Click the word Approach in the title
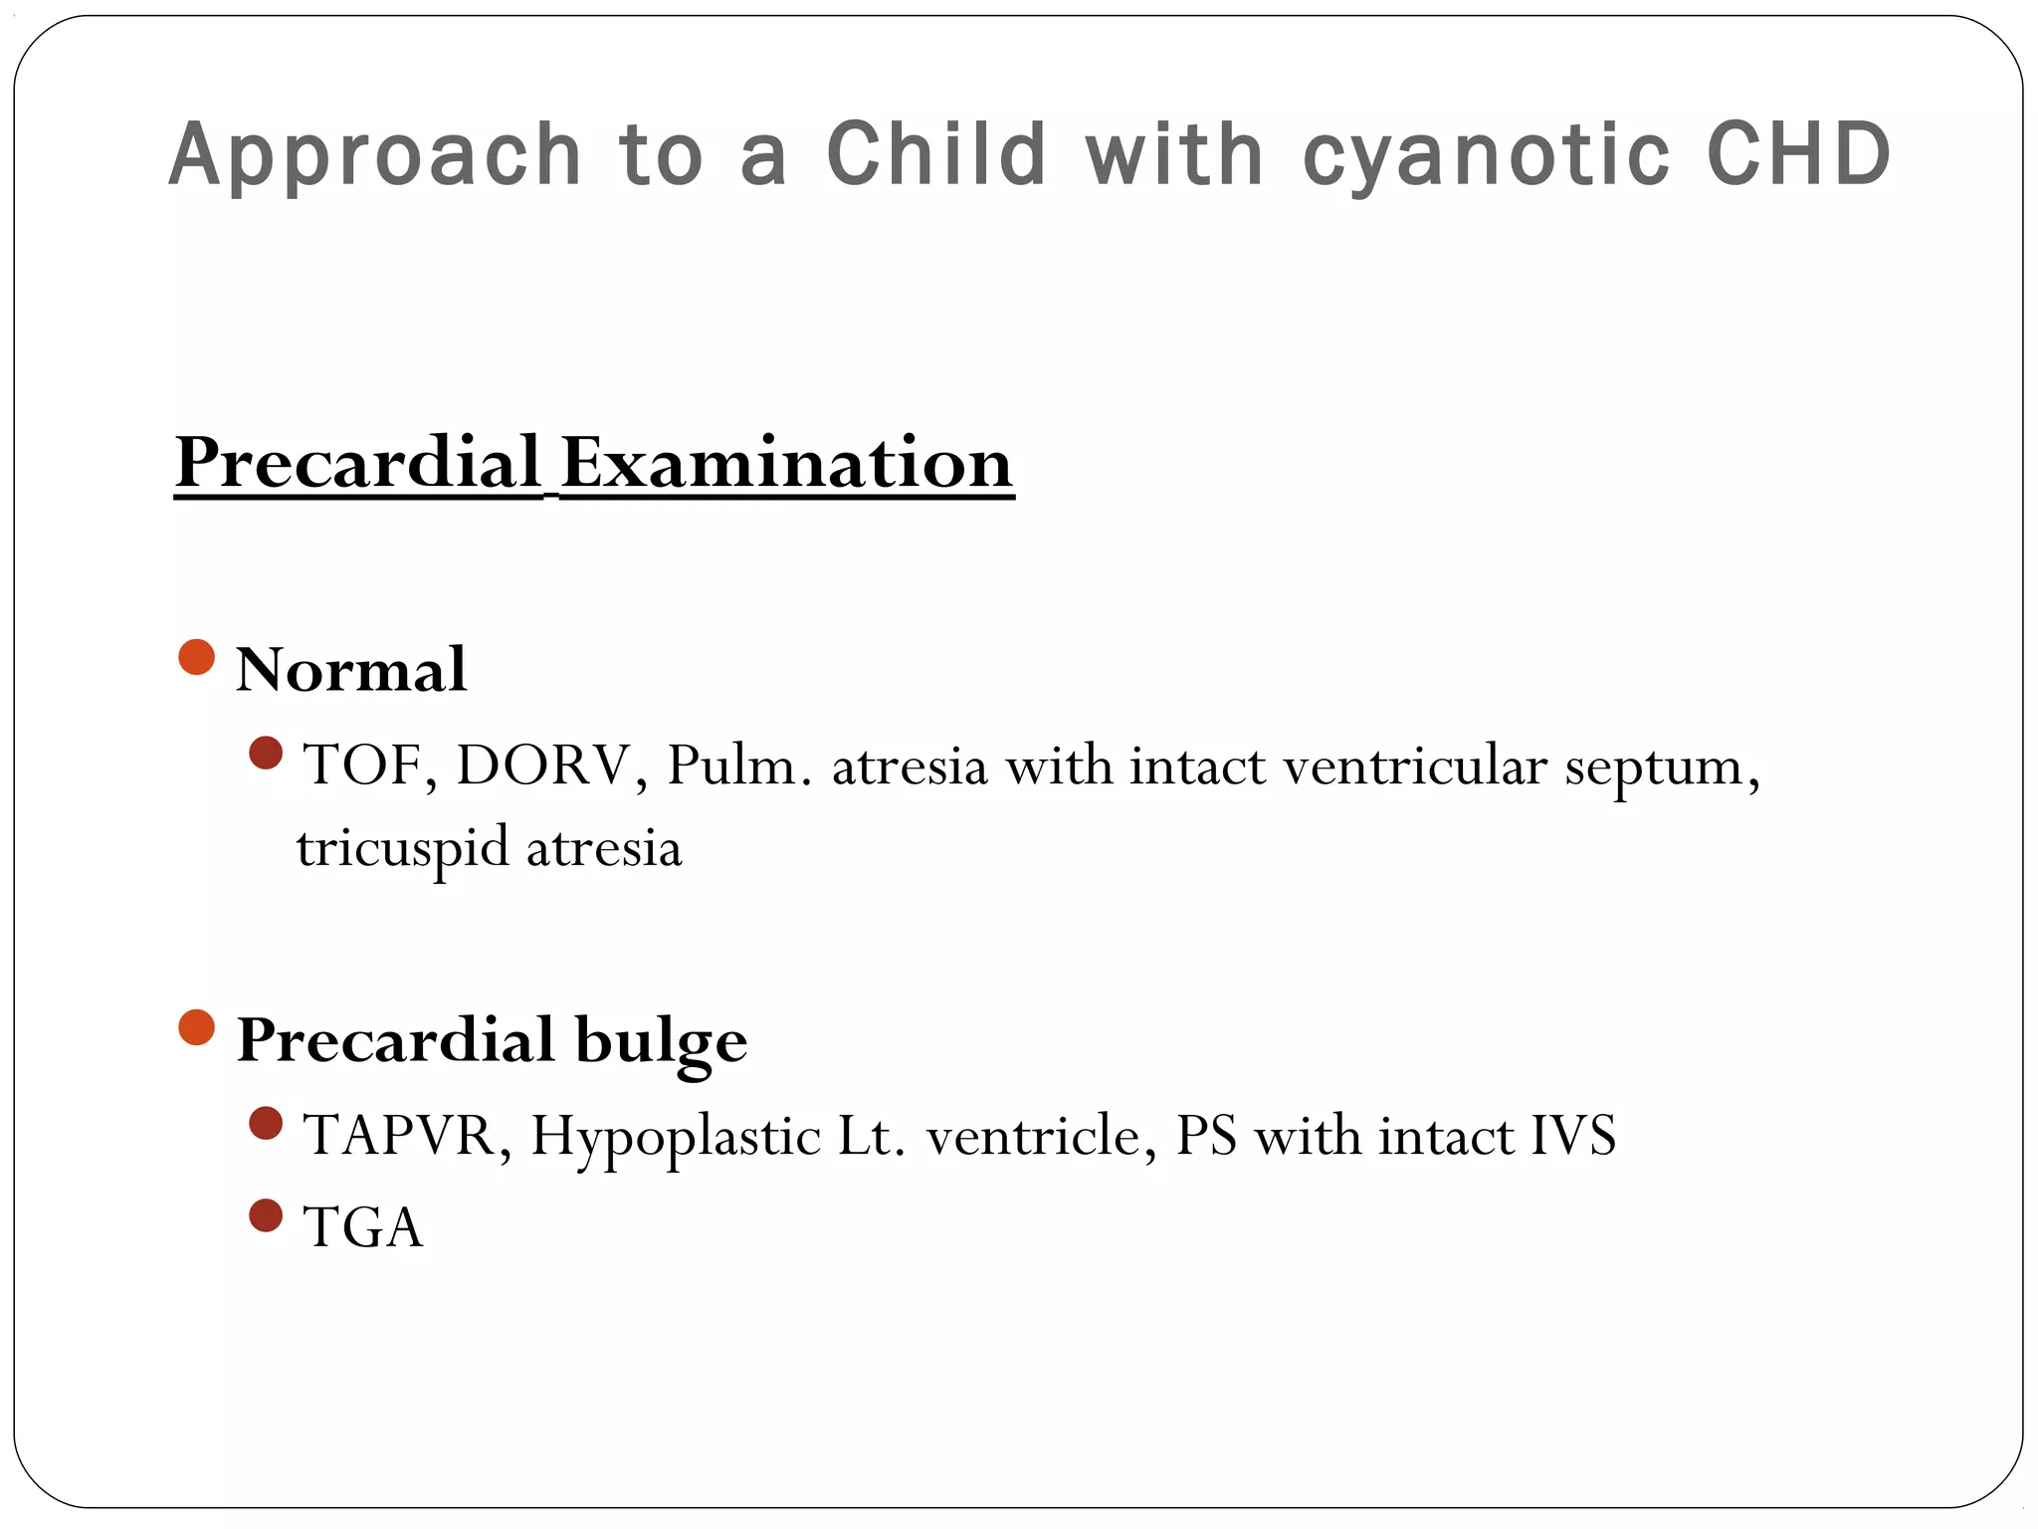(375, 155)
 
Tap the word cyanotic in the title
(1486, 155)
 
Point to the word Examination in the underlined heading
(786, 463)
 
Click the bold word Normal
(351, 669)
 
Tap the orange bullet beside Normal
(197, 657)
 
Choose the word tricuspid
(402, 849)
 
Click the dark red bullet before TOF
(266, 753)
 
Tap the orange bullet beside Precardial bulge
(197, 1027)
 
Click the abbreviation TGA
(363, 1226)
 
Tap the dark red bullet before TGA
(266, 1215)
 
